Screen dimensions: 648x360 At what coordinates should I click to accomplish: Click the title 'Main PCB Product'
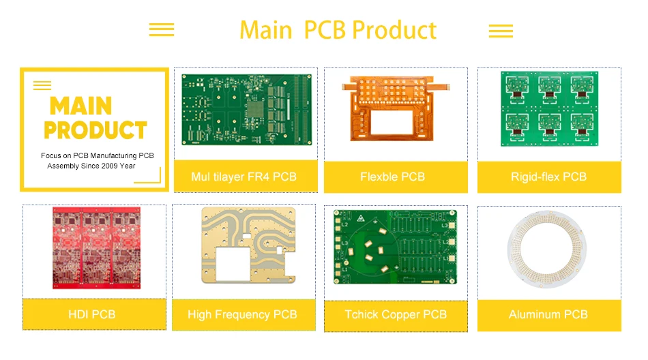tap(338, 31)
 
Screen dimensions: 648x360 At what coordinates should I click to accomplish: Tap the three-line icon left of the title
tap(162, 30)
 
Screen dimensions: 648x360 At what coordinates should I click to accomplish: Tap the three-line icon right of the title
tap(501, 31)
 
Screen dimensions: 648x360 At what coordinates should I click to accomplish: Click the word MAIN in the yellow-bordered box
tap(80, 106)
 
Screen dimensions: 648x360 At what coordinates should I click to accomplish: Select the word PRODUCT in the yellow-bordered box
tap(95, 130)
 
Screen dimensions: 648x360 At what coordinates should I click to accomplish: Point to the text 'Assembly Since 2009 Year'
tap(91, 166)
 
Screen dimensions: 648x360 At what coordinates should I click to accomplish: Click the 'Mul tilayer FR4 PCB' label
tap(244, 177)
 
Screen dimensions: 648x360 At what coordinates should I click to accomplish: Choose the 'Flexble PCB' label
tap(392, 177)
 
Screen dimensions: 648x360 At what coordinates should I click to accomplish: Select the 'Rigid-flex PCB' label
tap(548, 177)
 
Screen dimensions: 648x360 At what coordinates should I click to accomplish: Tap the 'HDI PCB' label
tap(91, 314)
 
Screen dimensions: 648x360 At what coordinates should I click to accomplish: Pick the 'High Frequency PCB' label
tap(242, 314)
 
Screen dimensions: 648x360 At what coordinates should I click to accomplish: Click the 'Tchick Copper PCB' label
tap(395, 314)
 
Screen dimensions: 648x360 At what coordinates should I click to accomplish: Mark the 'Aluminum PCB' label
tap(548, 314)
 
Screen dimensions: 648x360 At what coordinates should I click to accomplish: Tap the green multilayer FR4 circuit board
tap(246, 109)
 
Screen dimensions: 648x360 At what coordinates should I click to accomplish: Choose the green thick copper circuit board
tap(395, 247)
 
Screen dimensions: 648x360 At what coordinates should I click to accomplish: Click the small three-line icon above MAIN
tap(42, 85)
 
